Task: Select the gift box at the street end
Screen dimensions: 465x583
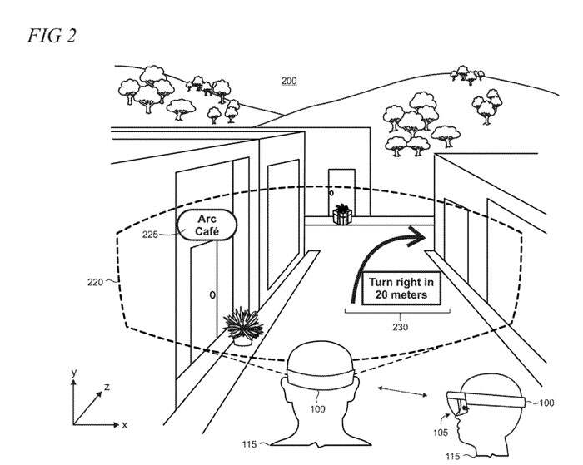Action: point(341,215)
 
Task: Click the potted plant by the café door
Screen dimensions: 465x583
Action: point(242,325)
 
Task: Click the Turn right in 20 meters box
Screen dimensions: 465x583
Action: point(397,288)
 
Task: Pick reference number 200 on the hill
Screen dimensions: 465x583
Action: point(288,82)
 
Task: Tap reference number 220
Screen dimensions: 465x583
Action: point(93,283)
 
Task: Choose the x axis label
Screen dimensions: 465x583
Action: point(124,424)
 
